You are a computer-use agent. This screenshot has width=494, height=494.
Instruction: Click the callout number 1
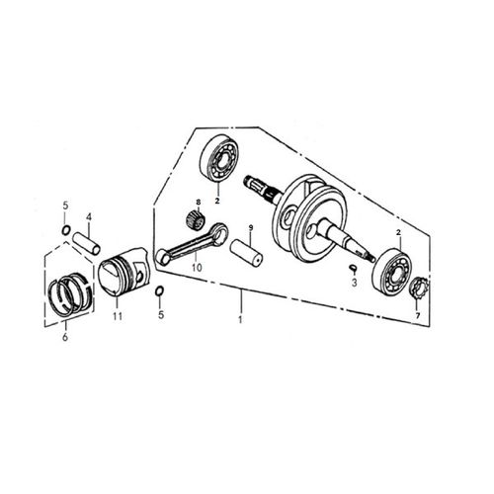click(x=240, y=319)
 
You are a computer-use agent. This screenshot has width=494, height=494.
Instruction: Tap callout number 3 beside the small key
click(x=354, y=283)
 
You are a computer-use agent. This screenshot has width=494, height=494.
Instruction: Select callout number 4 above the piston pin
click(x=89, y=217)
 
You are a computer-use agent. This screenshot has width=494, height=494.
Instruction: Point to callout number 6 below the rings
click(x=65, y=337)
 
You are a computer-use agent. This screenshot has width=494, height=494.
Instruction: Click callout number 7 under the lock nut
click(x=418, y=316)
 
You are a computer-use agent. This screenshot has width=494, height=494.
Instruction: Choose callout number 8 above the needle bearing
click(x=198, y=202)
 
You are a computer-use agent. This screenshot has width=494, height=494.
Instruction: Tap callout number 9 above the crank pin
click(x=251, y=227)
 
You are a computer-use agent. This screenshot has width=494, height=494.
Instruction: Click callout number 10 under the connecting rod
click(x=197, y=267)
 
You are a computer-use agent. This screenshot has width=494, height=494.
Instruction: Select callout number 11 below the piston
click(x=118, y=316)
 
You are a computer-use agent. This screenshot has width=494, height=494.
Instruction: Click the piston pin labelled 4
click(x=86, y=243)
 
